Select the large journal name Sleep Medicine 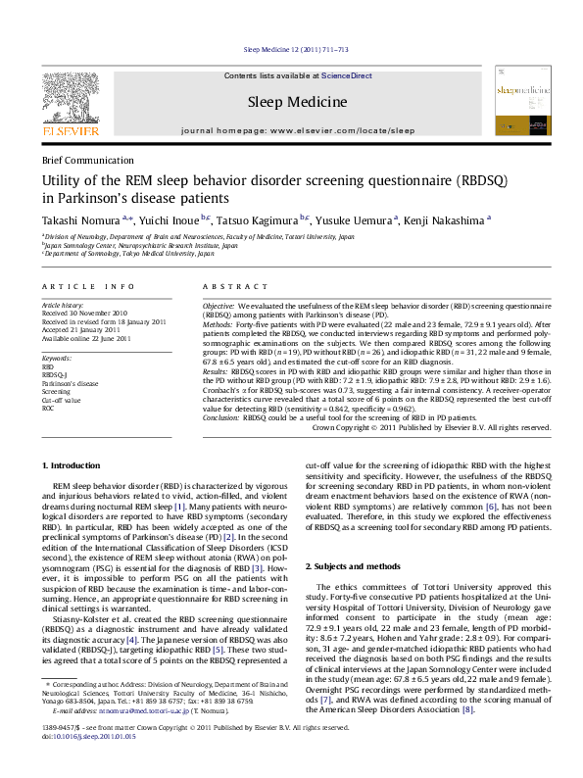click(297, 101)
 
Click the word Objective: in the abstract click(219, 307)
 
